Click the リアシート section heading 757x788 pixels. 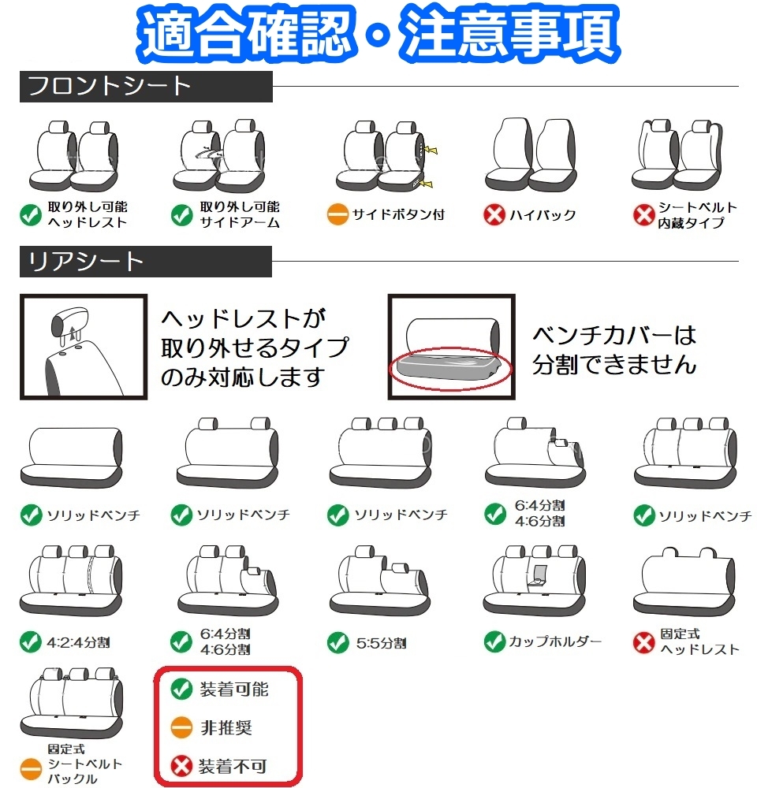[x=87, y=262]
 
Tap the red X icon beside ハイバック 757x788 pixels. [x=494, y=215]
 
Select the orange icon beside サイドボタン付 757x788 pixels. [x=337, y=215]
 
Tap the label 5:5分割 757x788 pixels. [x=380, y=643]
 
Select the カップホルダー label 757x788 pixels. [x=555, y=641]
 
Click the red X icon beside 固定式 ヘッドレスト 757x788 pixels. [x=644, y=642]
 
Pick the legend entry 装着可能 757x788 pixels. [x=233, y=689]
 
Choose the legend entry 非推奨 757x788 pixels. [x=226, y=727]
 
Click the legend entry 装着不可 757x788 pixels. [x=233, y=765]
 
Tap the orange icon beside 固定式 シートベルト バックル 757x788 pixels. [x=30, y=765]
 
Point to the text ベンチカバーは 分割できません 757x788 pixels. [x=615, y=350]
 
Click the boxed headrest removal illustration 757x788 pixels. [x=84, y=347]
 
